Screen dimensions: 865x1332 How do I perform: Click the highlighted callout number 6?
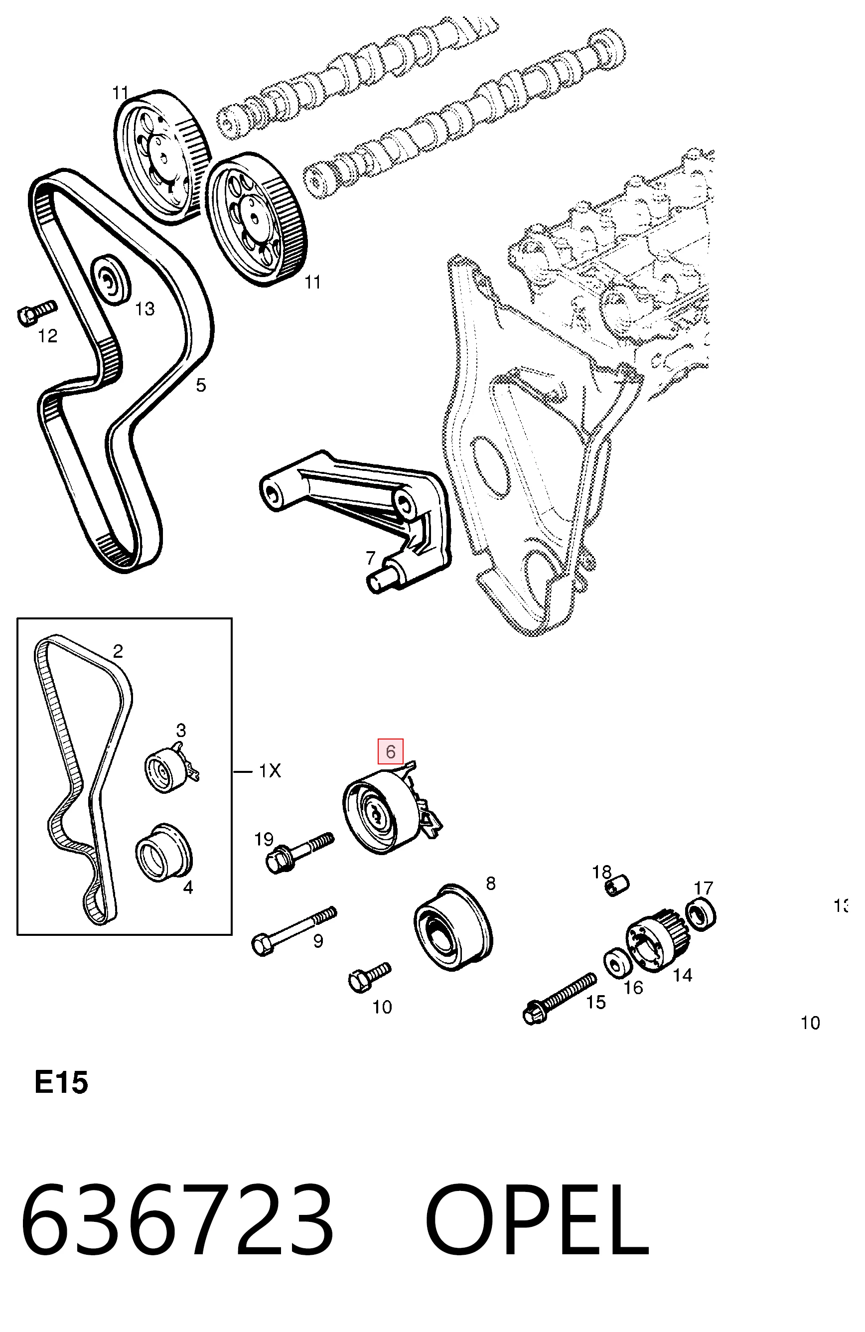coord(390,751)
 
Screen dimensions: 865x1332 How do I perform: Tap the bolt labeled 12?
coord(36,312)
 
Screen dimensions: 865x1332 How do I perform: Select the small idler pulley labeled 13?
coord(110,281)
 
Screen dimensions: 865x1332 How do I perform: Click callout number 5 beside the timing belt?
coord(201,385)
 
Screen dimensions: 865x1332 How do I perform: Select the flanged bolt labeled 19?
coord(299,854)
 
